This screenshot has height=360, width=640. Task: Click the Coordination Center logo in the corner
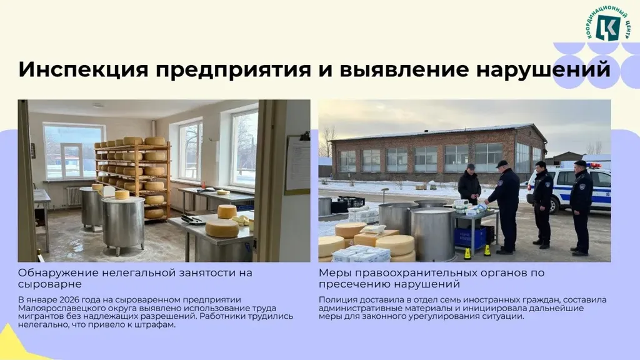click(607, 24)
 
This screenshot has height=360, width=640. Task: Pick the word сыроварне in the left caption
click(50, 284)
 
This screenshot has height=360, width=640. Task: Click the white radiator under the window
click(74, 196)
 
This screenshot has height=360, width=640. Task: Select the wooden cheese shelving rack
click(133, 178)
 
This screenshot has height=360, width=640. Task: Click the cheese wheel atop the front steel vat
click(122, 195)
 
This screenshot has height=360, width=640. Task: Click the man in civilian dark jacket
click(469, 184)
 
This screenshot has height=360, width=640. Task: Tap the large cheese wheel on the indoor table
click(222, 229)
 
